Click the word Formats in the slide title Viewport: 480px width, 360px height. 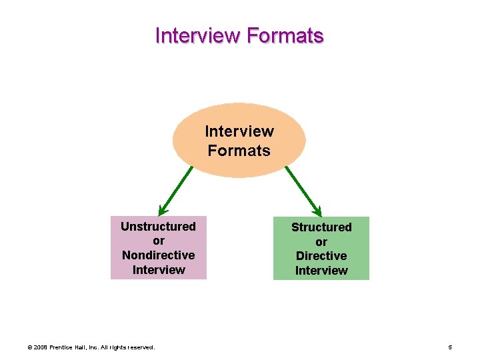click(285, 35)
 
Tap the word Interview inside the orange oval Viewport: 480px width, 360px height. click(239, 131)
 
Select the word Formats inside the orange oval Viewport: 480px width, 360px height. click(239, 151)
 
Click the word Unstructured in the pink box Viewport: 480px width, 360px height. click(158, 227)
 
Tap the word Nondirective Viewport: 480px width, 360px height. click(158, 255)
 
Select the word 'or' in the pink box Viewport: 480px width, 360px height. click(158, 241)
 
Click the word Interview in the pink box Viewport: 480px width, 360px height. click(158, 270)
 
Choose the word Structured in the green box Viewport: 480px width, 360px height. click(321, 227)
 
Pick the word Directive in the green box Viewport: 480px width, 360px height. click(321, 256)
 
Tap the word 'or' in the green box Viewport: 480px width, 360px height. click(321, 241)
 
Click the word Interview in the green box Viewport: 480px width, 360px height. click(321, 271)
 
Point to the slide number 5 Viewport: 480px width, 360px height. click(451, 347)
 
